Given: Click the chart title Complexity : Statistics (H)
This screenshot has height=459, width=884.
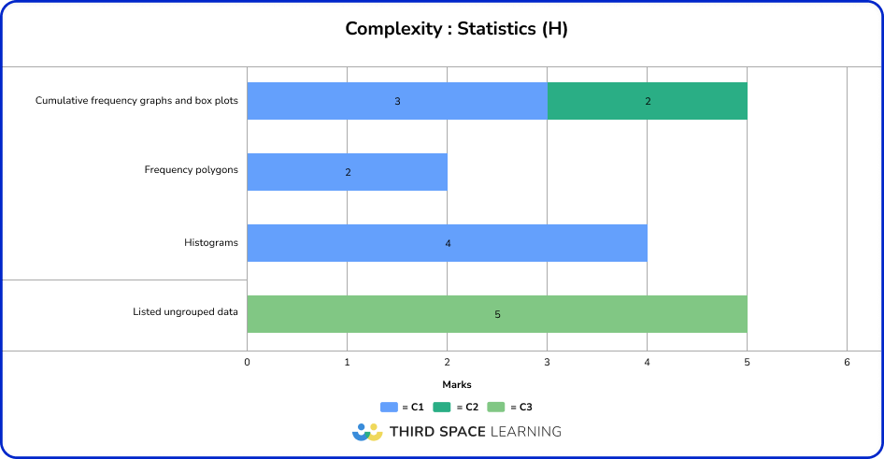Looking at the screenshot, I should (x=456, y=29).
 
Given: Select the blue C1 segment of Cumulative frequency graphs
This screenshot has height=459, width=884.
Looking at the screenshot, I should (x=397, y=101).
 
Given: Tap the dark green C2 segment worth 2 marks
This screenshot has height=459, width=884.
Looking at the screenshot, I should (x=647, y=101).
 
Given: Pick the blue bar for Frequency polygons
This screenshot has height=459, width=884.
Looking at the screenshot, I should (x=347, y=172).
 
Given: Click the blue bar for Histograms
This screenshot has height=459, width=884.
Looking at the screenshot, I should (x=447, y=243).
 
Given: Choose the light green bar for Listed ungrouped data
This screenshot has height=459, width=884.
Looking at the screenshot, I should (x=496, y=314).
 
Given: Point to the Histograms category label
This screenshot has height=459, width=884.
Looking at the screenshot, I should (x=211, y=243).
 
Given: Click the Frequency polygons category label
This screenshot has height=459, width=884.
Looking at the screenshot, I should (x=192, y=170).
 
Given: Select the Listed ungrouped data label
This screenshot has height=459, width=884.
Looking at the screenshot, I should (x=186, y=311).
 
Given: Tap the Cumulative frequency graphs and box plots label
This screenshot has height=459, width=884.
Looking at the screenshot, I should (x=137, y=100).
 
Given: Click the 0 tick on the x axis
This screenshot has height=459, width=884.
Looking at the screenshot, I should (x=247, y=362).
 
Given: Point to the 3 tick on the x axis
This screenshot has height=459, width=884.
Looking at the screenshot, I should (x=547, y=362).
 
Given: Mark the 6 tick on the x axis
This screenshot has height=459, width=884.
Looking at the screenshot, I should (x=847, y=362).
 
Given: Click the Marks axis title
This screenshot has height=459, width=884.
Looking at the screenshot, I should (x=456, y=384).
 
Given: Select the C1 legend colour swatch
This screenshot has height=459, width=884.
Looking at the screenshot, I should (x=390, y=408).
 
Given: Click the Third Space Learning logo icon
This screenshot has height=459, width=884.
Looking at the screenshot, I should (x=367, y=432).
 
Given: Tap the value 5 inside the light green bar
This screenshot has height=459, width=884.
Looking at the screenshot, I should (x=497, y=315).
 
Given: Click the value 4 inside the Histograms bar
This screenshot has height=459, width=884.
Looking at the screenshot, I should (x=448, y=244).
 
